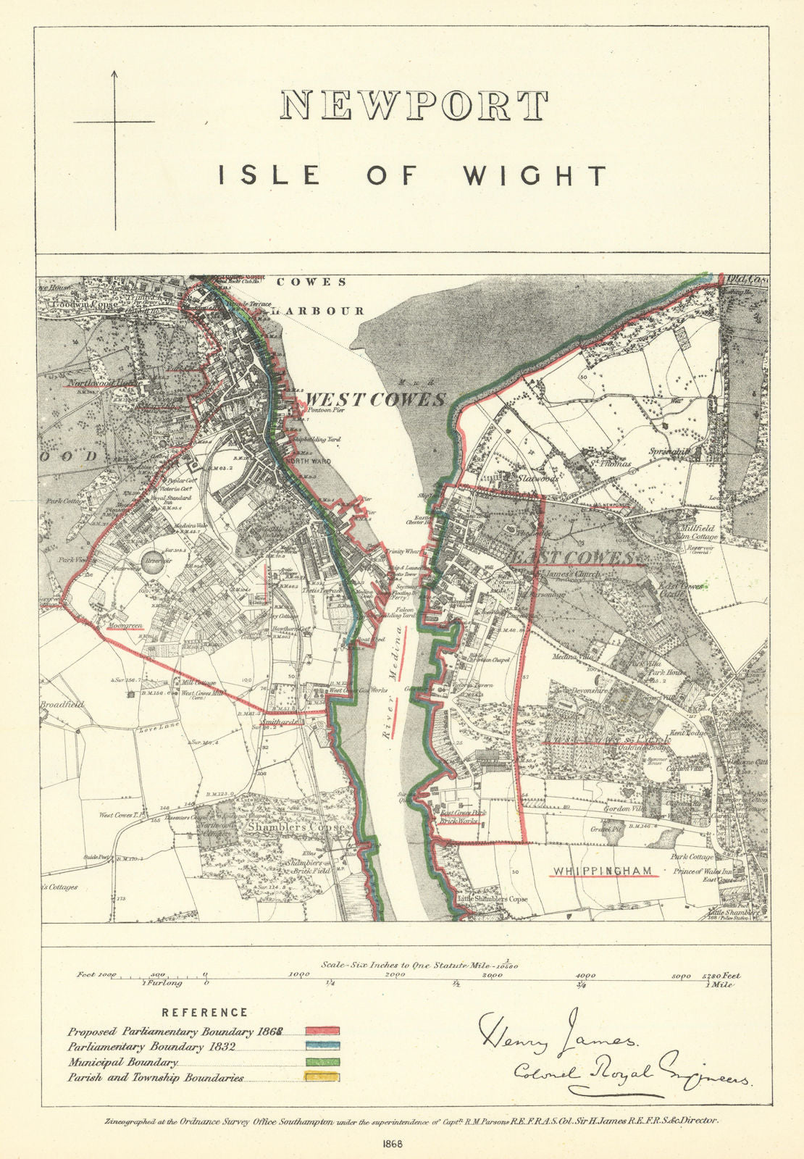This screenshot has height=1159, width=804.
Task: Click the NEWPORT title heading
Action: click(x=414, y=106)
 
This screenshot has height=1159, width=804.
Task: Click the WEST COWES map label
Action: click(x=374, y=400)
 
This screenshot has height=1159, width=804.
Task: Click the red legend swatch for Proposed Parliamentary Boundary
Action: click(x=322, y=1031)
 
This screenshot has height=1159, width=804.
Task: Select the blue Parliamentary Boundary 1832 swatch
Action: click(x=322, y=1047)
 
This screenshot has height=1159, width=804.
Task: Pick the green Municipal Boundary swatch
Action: click(x=322, y=1062)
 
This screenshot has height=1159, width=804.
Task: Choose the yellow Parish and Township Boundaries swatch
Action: click(x=322, y=1078)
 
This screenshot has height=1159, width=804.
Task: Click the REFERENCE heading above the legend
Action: click(x=204, y=1013)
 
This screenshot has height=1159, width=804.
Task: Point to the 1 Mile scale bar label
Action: click(x=724, y=986)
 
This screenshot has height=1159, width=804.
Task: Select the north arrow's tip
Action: click(x=114, y=71)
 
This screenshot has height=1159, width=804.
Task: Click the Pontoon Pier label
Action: click(x=324, y=410)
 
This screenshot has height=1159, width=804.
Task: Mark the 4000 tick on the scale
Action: click(x=585, y=976)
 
